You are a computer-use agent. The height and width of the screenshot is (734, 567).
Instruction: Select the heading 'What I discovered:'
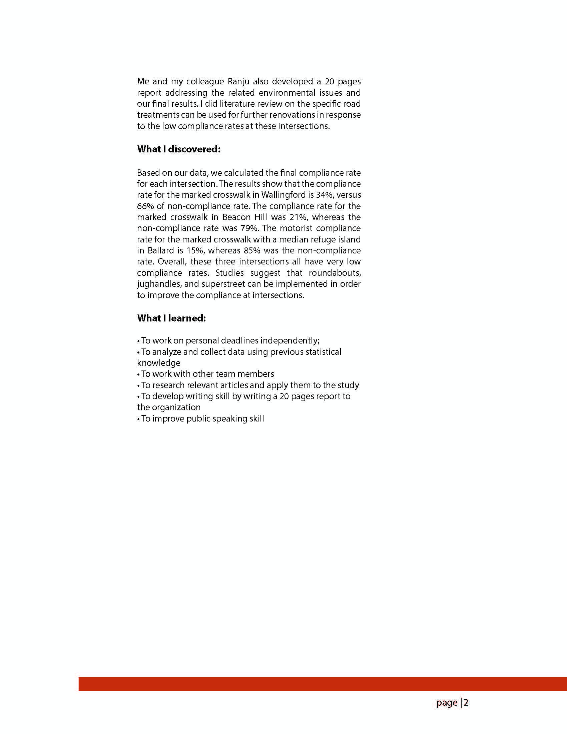179,149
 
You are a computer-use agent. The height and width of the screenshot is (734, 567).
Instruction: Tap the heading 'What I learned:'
171,318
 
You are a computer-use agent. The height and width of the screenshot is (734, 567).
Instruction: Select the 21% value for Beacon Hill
298,217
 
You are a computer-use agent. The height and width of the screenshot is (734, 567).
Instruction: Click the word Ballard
160,251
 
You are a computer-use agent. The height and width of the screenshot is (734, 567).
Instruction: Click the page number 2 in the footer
466,703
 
